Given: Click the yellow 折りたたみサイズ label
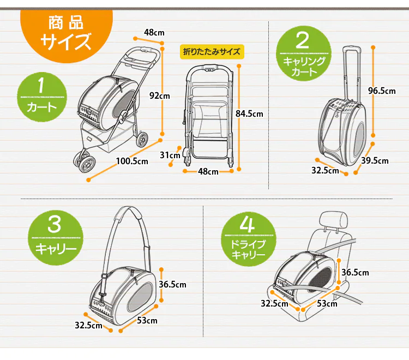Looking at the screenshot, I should (212, 52).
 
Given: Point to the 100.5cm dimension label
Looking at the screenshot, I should (132, 161).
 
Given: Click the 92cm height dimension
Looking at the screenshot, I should (160, 95).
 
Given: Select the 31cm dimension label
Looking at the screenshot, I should (170, 155).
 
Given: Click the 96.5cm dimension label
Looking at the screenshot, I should (382, 91).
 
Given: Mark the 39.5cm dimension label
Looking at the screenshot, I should (375, 160).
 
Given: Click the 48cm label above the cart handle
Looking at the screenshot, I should (152, 32).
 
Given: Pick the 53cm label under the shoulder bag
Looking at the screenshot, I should (147, 320).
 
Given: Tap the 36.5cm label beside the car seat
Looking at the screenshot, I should (355, 273).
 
